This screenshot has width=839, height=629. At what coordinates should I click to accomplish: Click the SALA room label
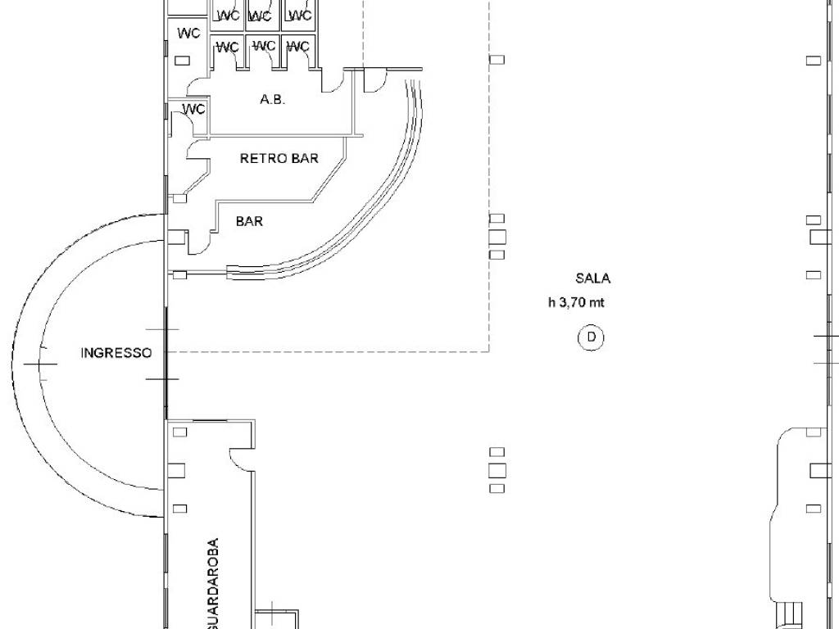pos(592,278)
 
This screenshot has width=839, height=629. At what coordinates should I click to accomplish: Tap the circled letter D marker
pos(592,337)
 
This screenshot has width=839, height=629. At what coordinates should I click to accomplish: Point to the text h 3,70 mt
pos(576,302)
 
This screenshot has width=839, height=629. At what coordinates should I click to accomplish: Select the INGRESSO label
pos(116,353)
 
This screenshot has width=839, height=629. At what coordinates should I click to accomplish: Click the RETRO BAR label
pos(279,158)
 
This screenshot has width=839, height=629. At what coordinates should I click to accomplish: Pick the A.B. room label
pos(272,99)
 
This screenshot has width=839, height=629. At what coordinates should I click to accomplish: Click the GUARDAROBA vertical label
pos(212,583)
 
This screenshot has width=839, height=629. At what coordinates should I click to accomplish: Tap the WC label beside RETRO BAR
pos(193,109)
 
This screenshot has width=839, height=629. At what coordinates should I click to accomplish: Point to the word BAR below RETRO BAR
pos(249,221)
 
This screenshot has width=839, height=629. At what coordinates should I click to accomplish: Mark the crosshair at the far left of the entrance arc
pos(40,364)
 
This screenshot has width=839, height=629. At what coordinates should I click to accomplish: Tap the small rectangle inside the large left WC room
pos(183,61)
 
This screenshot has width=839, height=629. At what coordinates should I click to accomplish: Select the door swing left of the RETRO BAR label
pos(197,150)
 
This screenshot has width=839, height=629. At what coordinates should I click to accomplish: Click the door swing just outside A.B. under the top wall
pos(375,81)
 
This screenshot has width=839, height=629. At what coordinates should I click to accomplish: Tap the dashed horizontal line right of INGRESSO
pos(329,352)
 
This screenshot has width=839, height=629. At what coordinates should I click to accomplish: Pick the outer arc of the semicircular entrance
pos(11,365)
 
